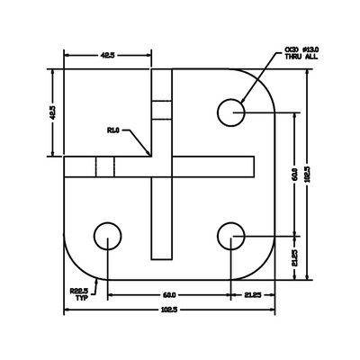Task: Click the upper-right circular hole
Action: (232, 112)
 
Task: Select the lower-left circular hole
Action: (108, 237)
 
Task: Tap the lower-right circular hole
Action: (232, 237)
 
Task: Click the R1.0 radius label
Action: (113, 130)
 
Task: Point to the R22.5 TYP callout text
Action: (79, 294)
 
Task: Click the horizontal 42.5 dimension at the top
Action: (107, 56)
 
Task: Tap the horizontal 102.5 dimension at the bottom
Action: (169, 311)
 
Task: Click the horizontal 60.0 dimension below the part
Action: (169, 294)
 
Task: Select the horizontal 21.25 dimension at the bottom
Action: (253, 294)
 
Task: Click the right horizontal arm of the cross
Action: (211, 166)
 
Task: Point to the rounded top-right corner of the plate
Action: (265, 80)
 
